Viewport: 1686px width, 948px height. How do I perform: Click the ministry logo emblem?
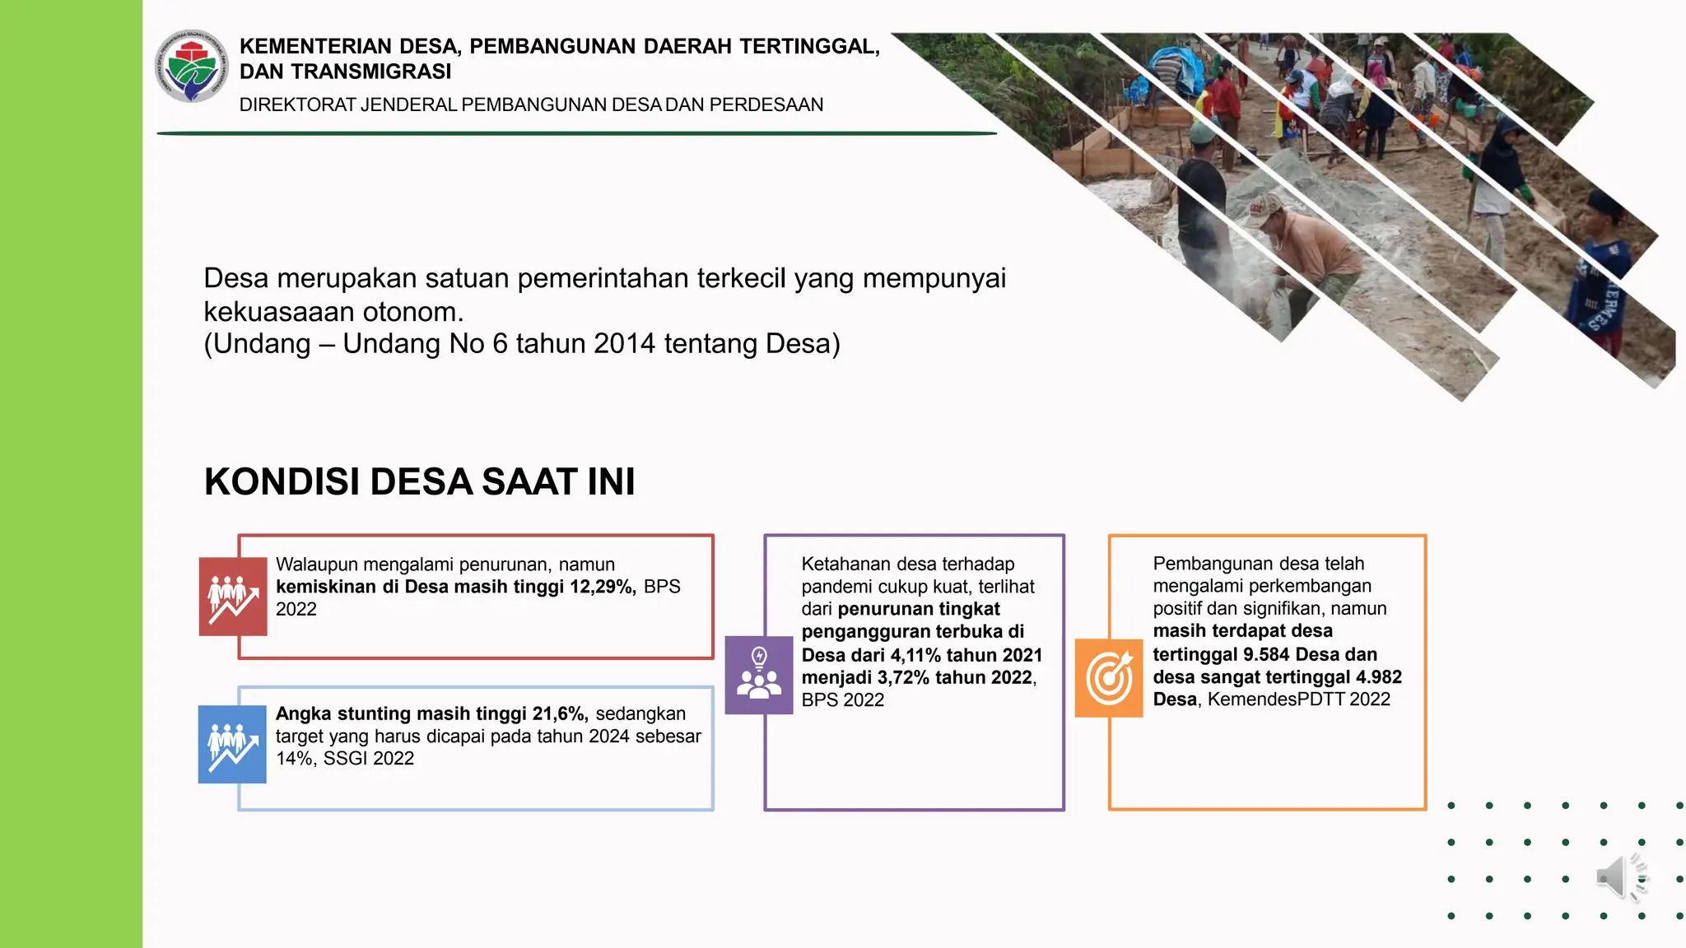[x=192, y=67]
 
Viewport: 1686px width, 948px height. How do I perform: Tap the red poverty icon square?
[x=233, y=596]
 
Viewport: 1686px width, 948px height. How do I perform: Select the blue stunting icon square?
[x=232, y=744]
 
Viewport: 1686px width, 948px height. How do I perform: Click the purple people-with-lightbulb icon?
[x=758, y=675]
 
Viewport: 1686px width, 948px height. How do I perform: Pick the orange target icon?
[x=1109, y=677]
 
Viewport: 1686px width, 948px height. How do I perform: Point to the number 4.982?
[x=1378, y=677]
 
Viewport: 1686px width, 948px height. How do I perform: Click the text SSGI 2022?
[x=369, y=759]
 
